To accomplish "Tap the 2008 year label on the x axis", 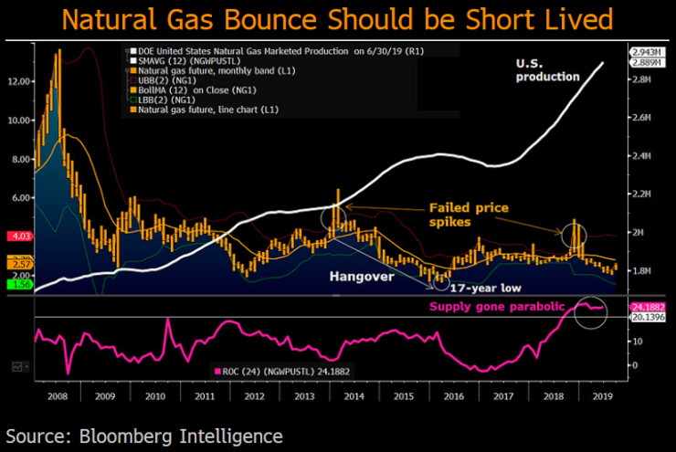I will [58, 397].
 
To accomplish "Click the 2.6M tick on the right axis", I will [645, 118].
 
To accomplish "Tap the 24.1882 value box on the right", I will [650, 308].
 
